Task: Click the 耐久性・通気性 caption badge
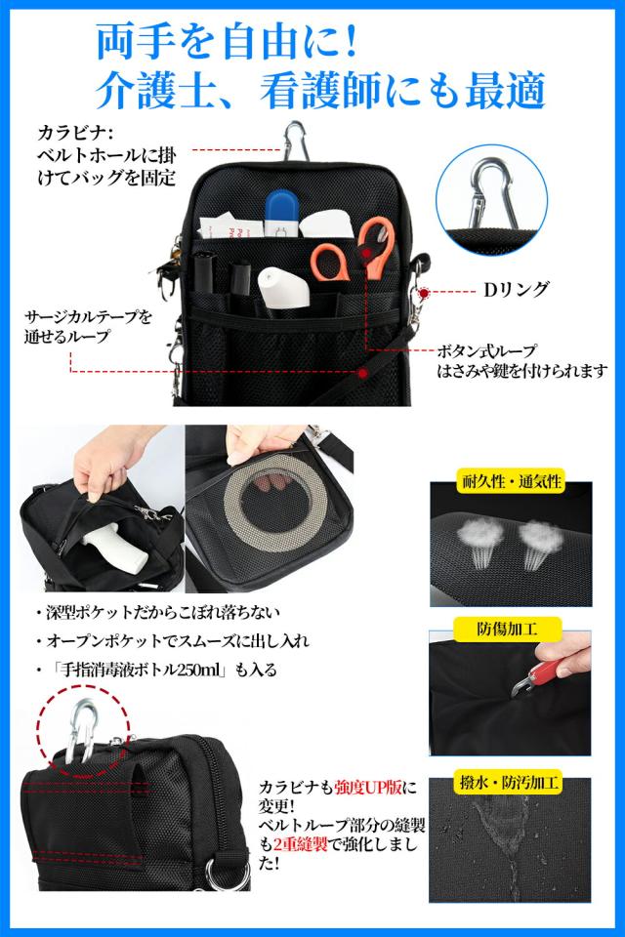pyautogui.click(x=511, y=481)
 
